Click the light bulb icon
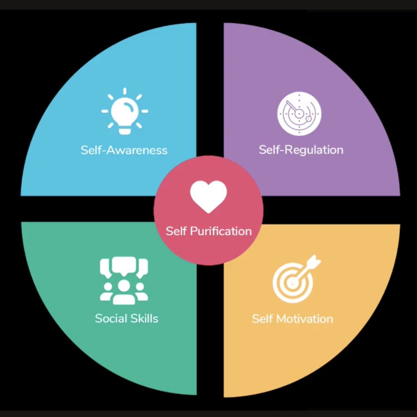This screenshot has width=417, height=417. [x=125, y=111]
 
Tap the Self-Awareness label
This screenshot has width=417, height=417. [x=124, y=150]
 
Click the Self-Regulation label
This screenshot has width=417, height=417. [x=301, y=149]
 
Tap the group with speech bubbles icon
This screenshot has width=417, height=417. [x=124, y=281]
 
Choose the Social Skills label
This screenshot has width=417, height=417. [x=127, y=318]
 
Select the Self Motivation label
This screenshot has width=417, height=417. [x=292, y=318]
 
